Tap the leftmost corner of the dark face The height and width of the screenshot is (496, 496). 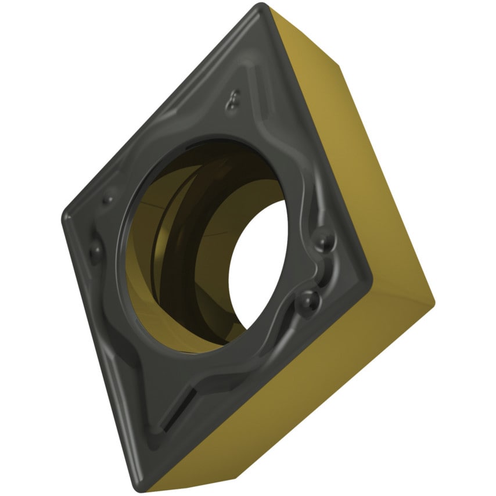point(64,217)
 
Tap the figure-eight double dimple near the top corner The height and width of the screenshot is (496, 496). point(234,100)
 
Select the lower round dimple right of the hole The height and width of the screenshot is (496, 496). point(309,300)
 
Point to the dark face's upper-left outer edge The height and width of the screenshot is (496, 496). point(157,110)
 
